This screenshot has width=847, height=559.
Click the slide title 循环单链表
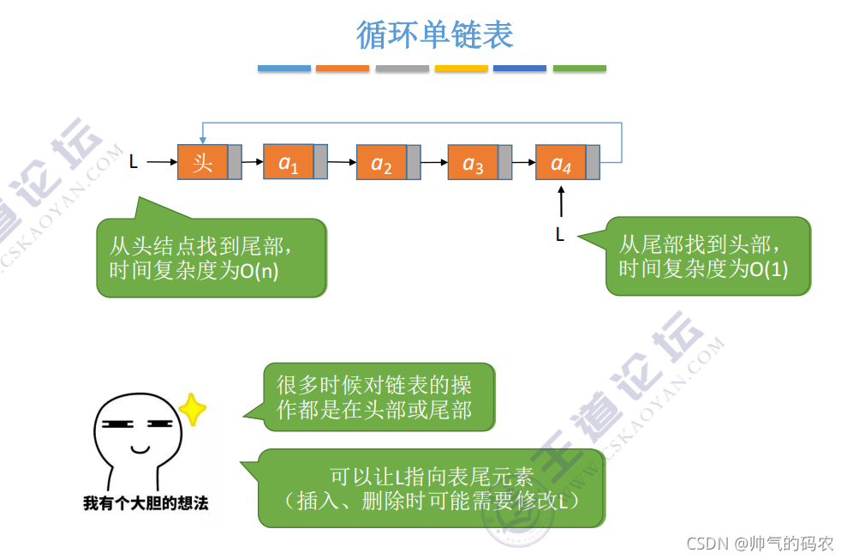click(434, 35)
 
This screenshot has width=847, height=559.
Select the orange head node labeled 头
click(203, 162)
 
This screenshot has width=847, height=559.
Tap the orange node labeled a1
click(289, 162)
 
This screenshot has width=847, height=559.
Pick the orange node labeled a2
click(381, 163)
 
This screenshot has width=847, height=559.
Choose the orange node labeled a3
click(473, 163)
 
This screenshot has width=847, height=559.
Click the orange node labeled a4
click(561, 163)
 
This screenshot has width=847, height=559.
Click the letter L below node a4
click(560, 234)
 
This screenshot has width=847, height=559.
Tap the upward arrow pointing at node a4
click(562, 201)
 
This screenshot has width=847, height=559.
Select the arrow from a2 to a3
click(434, 162)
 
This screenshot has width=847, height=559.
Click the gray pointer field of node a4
click(593, 163)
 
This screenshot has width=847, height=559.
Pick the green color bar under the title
click(579, 69)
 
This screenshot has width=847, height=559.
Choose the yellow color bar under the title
click(462, 69)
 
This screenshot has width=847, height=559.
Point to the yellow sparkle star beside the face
click(194, 410)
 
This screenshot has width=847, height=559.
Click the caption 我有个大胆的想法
click(146, 503)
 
